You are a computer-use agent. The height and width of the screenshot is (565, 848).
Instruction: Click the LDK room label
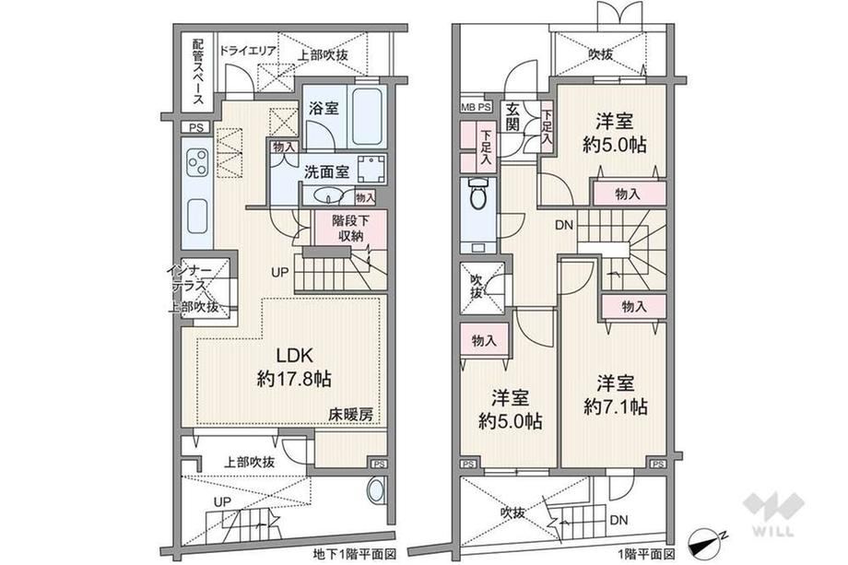point(295,355)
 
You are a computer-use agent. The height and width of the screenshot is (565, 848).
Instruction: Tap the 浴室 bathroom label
point(324,108)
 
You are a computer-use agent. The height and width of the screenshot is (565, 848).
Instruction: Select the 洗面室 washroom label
point(326,172)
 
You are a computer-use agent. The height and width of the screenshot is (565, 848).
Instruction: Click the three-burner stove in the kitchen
point(197,161)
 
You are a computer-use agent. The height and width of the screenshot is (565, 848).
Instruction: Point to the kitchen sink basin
point(197,216)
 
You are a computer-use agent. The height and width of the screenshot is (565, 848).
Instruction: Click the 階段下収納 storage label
point(351,229)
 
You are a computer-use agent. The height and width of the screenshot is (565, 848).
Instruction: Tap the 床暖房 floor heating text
point(351,415)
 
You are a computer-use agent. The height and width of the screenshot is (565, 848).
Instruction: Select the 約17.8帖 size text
point(294,379)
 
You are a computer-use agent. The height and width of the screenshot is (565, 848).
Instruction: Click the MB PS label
point(476,107)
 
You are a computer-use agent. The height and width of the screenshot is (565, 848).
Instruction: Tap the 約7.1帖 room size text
point(616,406)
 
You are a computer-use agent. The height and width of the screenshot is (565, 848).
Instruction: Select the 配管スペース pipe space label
point(199,71)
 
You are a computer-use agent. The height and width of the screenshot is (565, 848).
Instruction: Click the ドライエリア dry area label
point(248,51)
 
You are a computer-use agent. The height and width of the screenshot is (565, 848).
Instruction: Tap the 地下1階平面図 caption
point(355,554)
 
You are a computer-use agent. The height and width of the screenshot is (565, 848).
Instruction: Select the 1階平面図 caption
point(646,554)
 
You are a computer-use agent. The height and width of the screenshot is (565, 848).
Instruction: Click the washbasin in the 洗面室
point(326,195)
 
